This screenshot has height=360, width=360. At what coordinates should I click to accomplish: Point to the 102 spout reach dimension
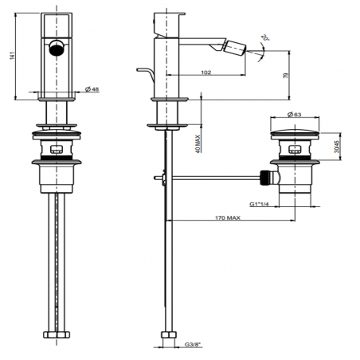click(205, 73)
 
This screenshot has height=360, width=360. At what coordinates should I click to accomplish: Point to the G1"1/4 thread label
click(260, 203)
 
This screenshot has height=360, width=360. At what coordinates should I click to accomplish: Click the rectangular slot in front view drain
click(57, 149)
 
